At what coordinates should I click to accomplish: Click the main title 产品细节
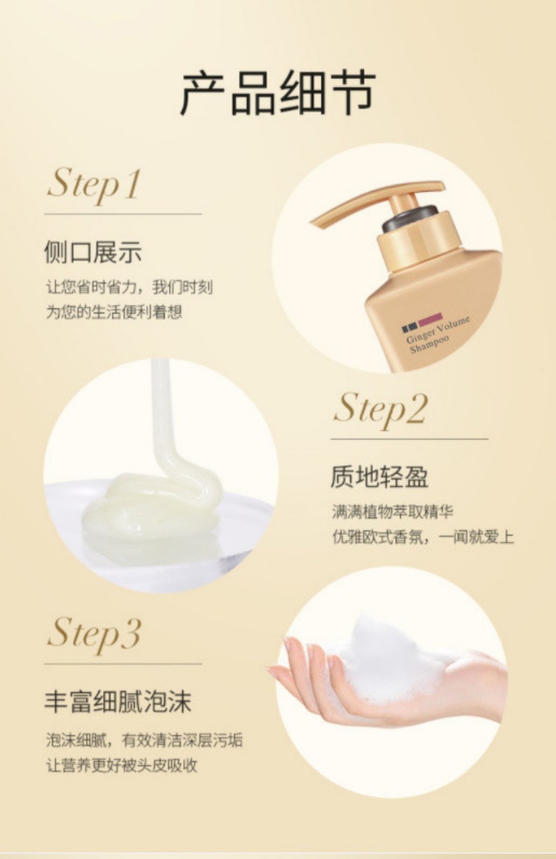pos(278,93)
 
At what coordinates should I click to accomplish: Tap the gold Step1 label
pos(94,185)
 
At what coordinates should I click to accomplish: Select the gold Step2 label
pos(380,409)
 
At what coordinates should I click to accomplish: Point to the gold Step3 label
pos(94,634)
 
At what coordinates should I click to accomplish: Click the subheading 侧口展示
pos(93,253)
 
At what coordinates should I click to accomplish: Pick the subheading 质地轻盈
pos(379,477)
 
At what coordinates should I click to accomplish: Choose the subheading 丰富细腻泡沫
pos(118,702)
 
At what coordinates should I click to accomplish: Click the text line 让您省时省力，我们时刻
pos(129,287)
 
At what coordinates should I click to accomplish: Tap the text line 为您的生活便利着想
pos(114,312)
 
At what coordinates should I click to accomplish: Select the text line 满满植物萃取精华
pos(393,512)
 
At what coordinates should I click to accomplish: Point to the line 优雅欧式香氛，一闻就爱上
pos(423,537)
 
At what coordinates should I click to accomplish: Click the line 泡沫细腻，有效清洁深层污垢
pos(144,740)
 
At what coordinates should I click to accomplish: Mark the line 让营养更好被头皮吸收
pos(122,765)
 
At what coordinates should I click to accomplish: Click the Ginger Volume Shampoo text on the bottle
pos(438,334)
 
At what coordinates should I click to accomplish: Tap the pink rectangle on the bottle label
pos(430,320)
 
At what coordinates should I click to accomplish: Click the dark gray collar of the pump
pos(410,218)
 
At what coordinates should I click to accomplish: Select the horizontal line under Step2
pos(410,439)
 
